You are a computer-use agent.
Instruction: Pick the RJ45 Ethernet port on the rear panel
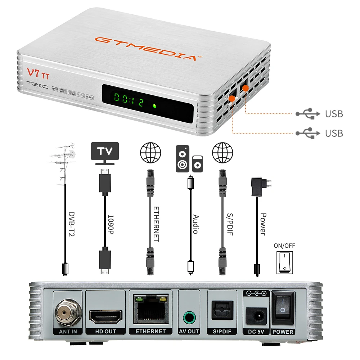click(x=150, y=308)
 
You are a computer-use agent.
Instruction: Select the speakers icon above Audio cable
click(x=189, y=158)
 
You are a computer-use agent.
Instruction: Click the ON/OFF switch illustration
click(x=284, y=262)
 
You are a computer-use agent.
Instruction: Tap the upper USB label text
click(x=334, y=114)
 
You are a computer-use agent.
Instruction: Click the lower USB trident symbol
click(x=308, y=133)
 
